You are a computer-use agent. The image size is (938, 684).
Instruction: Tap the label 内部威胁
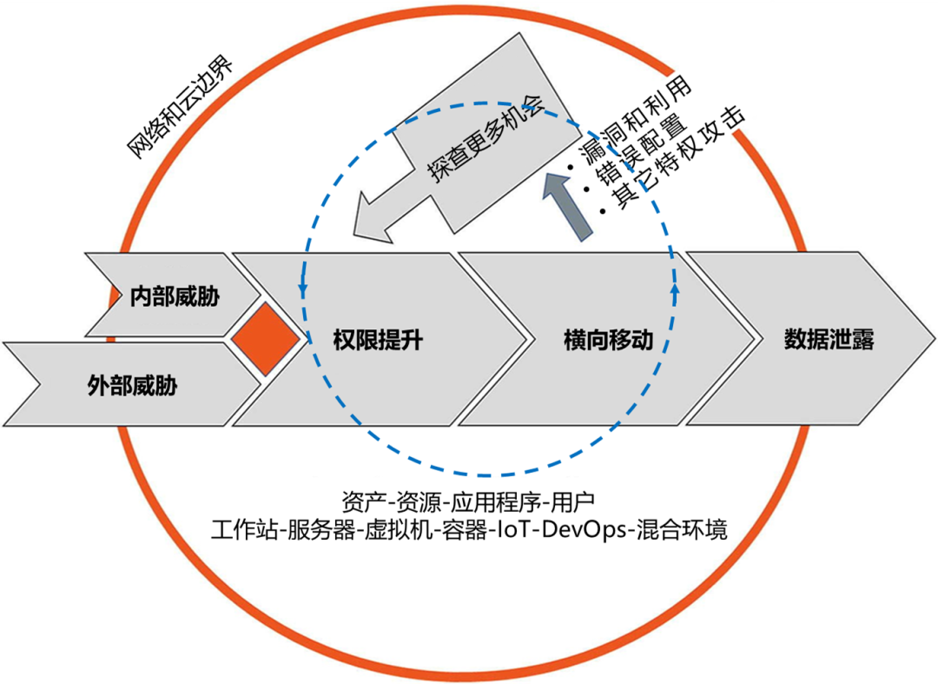pos(174,297)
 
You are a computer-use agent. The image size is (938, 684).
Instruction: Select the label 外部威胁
pos(132,384)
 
